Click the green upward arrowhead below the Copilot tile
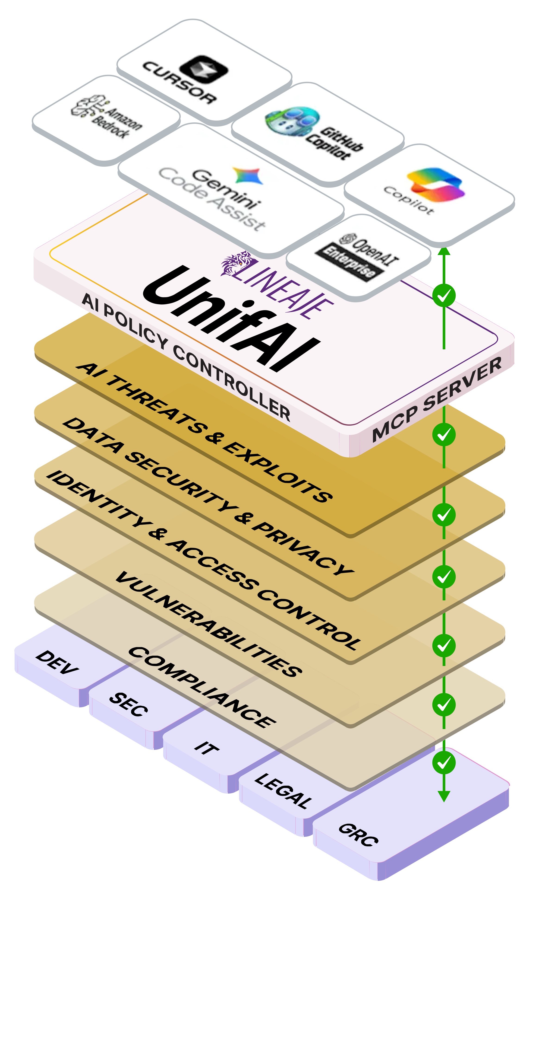pyautogui.click(x=444, y=252)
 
